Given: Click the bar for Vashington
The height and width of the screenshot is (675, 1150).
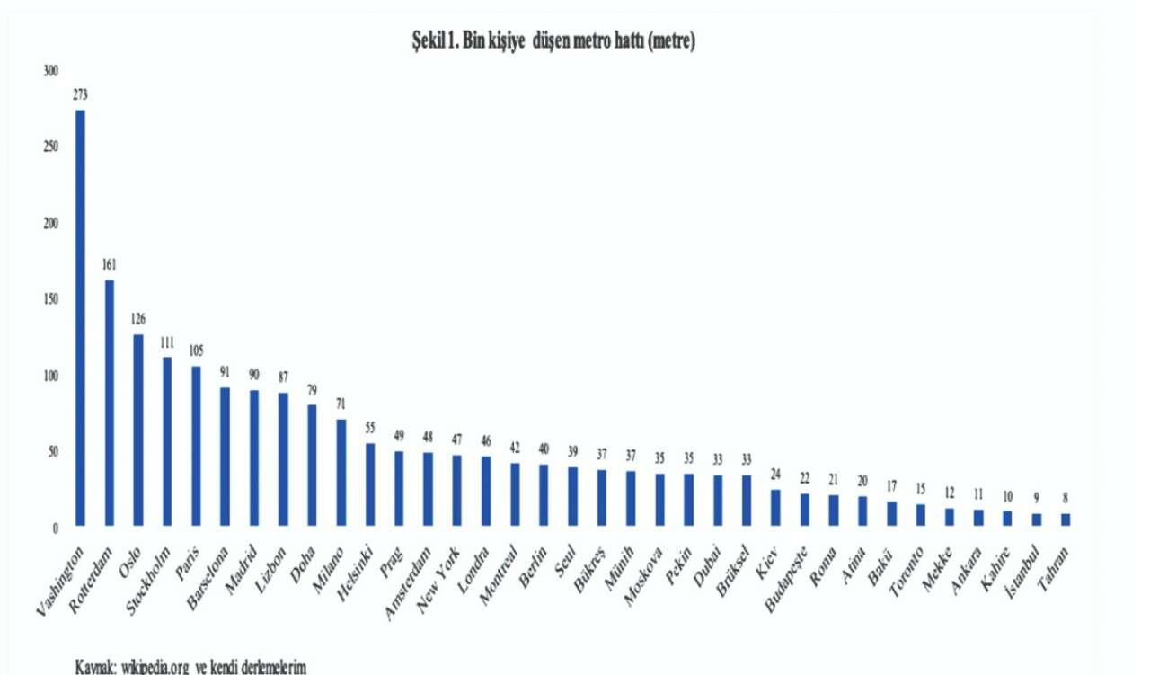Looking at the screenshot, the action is point(80,318).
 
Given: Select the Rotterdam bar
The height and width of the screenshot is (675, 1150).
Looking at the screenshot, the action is point(110,403).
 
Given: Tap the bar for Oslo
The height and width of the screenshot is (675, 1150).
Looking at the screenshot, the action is point(138,430).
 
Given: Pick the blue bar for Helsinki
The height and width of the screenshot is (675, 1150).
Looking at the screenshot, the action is point(370,484).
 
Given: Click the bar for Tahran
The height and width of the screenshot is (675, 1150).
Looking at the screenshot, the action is point(1066,520).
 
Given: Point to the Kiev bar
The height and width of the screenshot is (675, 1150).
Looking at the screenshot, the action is point(775,508).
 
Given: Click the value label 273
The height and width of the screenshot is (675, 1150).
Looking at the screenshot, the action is point(80,94).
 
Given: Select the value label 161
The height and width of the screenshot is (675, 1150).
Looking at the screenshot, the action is point(110,264).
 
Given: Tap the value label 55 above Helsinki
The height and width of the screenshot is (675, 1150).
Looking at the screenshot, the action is point(370,428).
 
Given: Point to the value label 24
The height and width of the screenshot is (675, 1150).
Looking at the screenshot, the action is point(775,474).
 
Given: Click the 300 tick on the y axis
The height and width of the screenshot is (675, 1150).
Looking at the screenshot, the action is point(51,71).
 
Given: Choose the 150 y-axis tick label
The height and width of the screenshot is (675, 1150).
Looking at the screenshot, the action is point(51,299).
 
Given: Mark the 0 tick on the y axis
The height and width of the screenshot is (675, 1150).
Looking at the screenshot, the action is point(55,528).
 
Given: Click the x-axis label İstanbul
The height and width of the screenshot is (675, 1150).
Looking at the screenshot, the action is point(1022,573).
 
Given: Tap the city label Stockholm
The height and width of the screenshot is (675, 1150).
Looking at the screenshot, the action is point(148,582).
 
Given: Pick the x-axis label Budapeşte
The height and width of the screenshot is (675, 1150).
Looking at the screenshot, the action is point(786,580).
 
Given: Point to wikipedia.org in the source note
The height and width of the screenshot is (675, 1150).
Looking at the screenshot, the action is point(155,667).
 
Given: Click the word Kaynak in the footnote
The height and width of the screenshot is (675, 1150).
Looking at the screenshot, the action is point(96,667).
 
